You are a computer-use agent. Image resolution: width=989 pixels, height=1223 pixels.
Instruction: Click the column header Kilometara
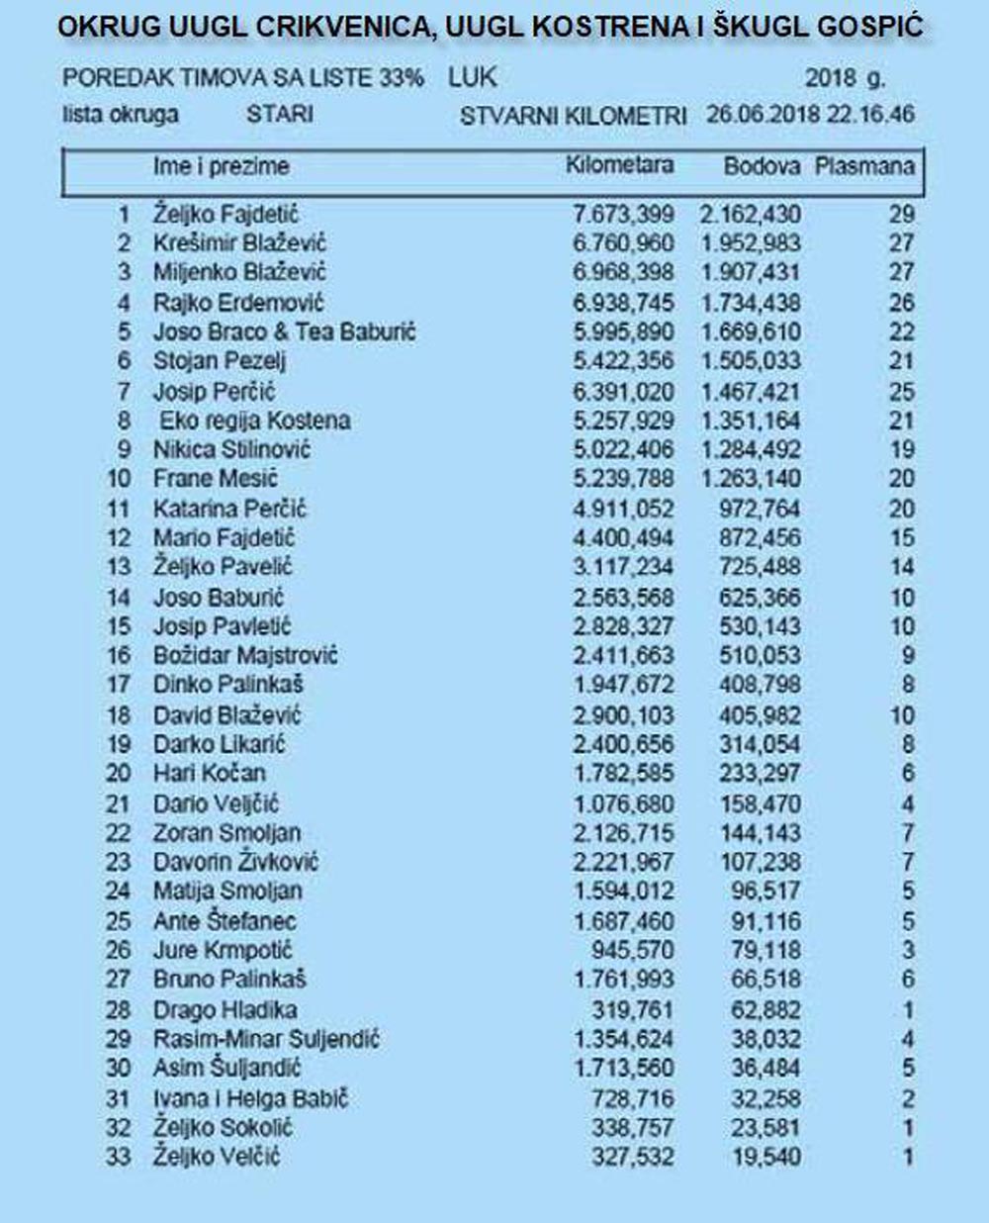pyautogui.click(x=619, y=165)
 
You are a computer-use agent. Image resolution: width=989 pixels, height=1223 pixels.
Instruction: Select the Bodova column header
pyautogui.click(x=762, y=166)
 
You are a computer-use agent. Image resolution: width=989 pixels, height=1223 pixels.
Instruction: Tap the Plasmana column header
pyautogui.click(x=864, y=166)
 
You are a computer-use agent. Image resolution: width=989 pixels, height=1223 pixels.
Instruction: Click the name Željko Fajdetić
pyautogui.click(x=225, y=214)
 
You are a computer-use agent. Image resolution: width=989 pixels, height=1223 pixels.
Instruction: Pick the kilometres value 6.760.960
pyautogui.click(x=623, y=243)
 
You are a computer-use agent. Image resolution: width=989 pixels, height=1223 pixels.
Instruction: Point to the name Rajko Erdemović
pyautogui.click(x=238, y=302)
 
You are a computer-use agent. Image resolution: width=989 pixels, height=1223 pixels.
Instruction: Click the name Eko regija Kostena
pyautogui.click(x=255, y=420)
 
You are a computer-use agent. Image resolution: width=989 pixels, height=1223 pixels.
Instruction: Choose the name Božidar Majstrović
pyautogui.click(x=245, y=655)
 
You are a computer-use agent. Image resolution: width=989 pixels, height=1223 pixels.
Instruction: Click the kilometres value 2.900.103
pyautogui.click(x=623, y=714)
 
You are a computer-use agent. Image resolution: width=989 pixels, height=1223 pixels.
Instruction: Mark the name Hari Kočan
pyautogui.click(x=209, y=773)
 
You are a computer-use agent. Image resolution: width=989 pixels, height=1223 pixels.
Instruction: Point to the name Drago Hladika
pyautogui.click(x=225, y=1009)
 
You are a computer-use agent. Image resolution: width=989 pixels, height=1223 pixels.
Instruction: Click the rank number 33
pyautogui.click(x=118, y=1156)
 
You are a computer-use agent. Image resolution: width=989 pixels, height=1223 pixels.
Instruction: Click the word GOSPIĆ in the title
pyautogui.click(x=865, y=27)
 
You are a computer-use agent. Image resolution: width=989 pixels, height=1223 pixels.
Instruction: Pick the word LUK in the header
pyautogui.click(x=473, y=77)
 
